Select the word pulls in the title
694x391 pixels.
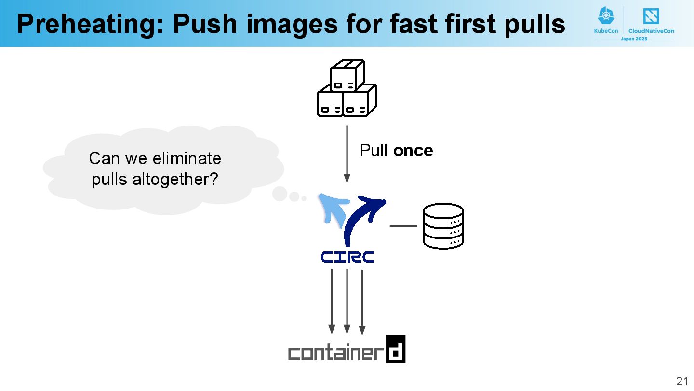[534, 24]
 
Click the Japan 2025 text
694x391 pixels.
[634, 38]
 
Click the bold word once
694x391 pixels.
[413, 151]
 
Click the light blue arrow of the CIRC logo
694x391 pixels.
[332, 208]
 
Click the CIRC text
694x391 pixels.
[347, 257]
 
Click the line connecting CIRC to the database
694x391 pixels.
[403, 225]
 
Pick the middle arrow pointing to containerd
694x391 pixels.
[347, 301]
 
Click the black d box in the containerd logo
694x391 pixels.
[396, 349]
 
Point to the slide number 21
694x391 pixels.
[682, 381]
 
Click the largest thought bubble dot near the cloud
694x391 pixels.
[280, 194]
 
